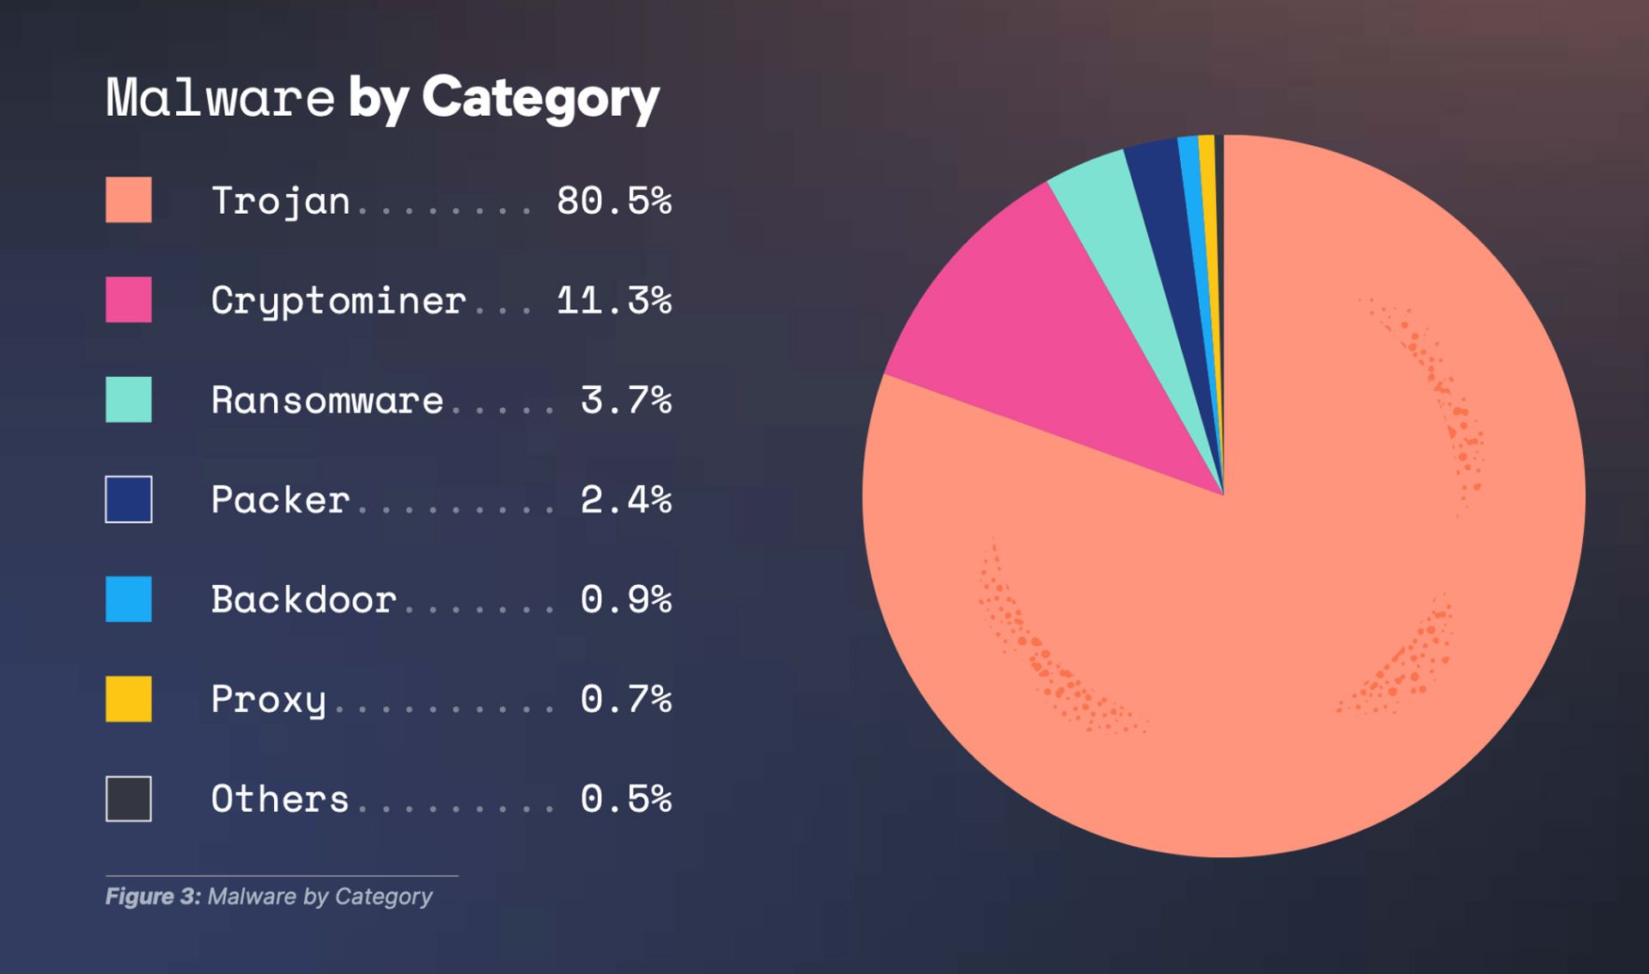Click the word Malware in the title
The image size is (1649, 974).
(220, 98)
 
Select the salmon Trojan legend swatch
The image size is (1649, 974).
(129, 200)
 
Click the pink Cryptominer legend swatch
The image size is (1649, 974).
(129, 300)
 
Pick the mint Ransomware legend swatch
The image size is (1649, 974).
(129, 399)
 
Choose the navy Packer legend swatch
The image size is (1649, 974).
(129, 499)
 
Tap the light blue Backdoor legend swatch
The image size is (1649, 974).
(129, 599)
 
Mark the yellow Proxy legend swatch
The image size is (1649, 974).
(129, 698)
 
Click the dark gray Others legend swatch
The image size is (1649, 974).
(129, 799)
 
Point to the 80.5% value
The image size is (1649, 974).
(613, 201)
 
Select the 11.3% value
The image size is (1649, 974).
(613, 301)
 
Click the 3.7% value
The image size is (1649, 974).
(625, 400)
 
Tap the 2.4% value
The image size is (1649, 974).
(625, 500)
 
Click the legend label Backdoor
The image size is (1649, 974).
(303, 600)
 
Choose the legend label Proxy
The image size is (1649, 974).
(268, 699)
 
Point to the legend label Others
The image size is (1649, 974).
(279, 799)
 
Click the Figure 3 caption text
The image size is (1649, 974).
(269, 897)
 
